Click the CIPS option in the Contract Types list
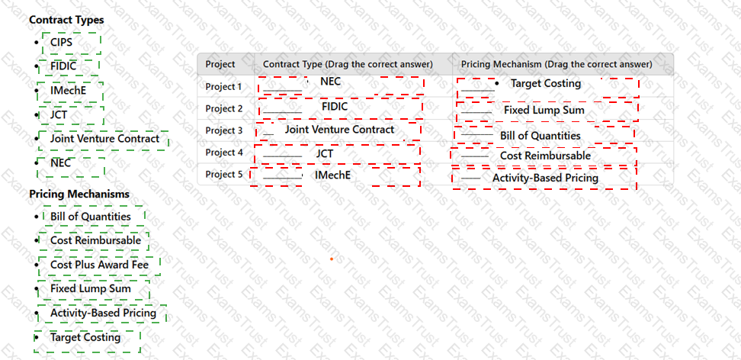(x=62, y=43)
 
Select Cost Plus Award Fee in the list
(x=99, y=265)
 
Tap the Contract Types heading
(x=66, y=20)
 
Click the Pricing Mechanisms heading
(x=79, y=194)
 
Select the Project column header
(x=220, y=64)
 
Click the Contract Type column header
(x=348, y=64)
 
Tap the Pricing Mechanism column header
(x=557, y=64)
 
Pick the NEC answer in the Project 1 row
(x=330, y=82)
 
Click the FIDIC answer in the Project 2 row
(x=335, y=107)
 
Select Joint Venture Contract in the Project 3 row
(x=339, y=130)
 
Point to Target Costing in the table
(x=546, y=83)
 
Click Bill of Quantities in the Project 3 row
(x=541, y=136)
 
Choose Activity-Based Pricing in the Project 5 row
(x=545, y=178)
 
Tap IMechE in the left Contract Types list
(x=69, y=90)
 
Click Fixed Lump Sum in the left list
(x=91, y=288)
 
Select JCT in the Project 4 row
(x=325, y=154)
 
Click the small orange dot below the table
(x=332, y=259)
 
